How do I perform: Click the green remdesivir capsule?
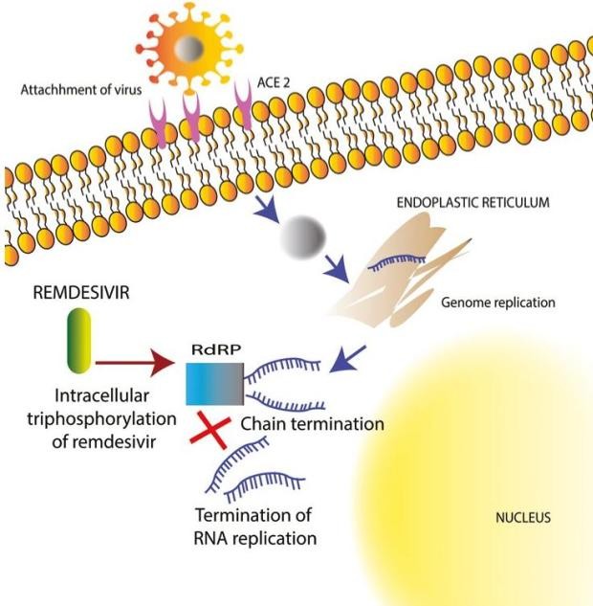(76, 340)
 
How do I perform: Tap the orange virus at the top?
(192, 47)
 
